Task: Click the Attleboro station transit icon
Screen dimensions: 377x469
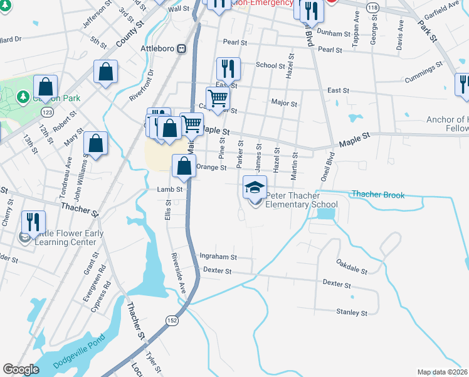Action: [181, 48]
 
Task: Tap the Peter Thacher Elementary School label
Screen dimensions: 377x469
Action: [302, 200]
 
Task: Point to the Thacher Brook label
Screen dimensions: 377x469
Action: [378, 195]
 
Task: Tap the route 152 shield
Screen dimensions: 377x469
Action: [171, 320]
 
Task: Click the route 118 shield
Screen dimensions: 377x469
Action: [374, 6]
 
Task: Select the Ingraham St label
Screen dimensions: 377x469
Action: [218, 256]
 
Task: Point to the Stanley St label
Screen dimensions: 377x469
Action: [351, 312]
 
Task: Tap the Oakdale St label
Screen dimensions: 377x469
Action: [351, 270]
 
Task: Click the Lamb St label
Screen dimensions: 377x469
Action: [169, 189]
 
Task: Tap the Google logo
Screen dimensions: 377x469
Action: [21, 369]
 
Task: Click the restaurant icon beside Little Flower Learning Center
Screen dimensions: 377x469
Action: [33, 222]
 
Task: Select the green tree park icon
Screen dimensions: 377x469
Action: [23, 97]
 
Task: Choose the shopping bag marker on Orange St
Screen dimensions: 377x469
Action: [184, 167]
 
